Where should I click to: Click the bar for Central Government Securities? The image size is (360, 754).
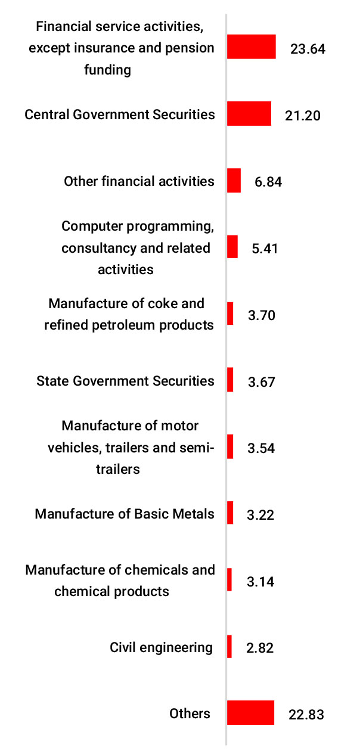(x=249, y=114)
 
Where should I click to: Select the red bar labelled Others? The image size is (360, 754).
(x=250, y=713)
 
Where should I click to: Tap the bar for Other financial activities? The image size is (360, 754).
(x=234, y=181)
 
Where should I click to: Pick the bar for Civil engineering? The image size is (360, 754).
(x=229, y=647)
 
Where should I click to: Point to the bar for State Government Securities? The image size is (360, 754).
(x=230, y=380)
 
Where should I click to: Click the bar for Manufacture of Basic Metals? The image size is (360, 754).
(x=230, y=513)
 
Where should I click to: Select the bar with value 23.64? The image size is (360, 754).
(x=251, y=47)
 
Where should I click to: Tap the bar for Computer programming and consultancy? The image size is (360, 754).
(x=232, y=247)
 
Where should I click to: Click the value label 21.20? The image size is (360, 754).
(x=302, y=115)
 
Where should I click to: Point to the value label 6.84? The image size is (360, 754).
(x=268, y=182)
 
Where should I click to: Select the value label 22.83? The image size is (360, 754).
(x=306, y=714)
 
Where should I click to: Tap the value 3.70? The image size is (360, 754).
(x=261, y=315)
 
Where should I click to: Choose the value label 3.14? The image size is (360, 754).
(x=260, y=581)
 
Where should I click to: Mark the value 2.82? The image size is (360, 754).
(x=260, y=648)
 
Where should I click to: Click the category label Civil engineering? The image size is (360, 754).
(x=161, y=647)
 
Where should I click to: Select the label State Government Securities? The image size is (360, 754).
(x=125, y=380)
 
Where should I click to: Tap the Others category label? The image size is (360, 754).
(x=190, y=713)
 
